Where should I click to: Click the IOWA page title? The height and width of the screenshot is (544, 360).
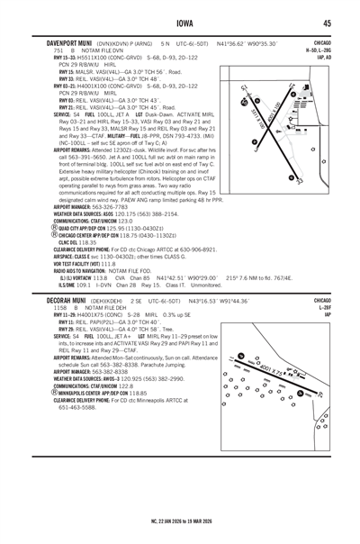pos(180,24)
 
